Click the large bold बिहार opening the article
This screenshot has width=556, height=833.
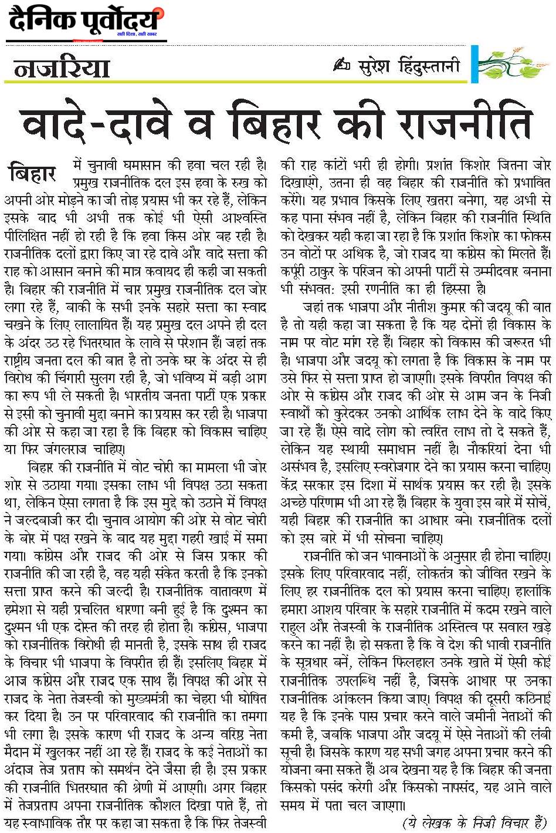33,174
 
